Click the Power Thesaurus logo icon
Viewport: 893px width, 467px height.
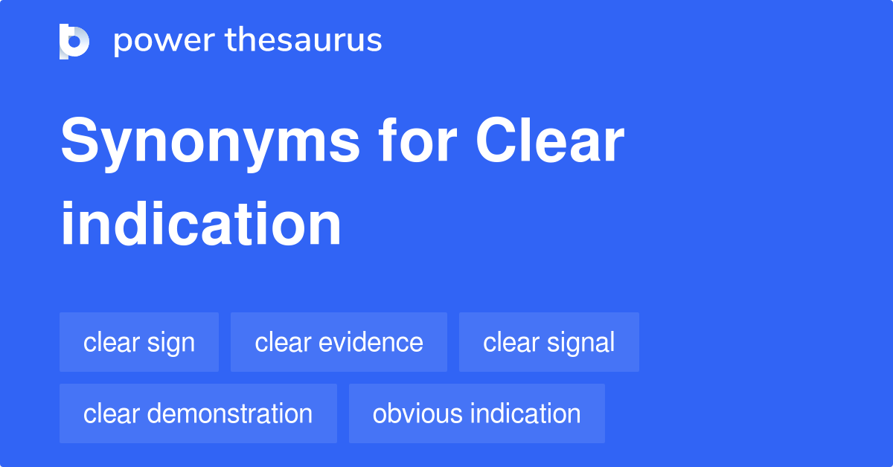tap(74, 41)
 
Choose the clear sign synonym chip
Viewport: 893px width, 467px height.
tap(139, 343)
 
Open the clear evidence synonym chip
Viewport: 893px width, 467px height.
tap(339, 343)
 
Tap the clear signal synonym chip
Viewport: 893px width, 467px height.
tap(548, 343)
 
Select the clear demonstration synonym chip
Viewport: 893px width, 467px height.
tap(198, 413)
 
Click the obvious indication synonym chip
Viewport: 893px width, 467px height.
tap(476, 413)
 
